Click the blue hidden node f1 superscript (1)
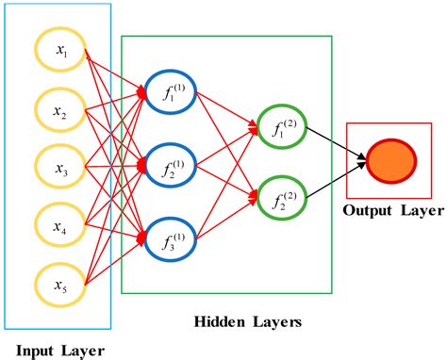[x=171, y=91]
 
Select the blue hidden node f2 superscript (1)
[x=171, y=166]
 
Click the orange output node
[x=388, y=159]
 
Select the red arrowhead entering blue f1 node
[x=141, y=91]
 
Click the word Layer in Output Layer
[x=420, y=210]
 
